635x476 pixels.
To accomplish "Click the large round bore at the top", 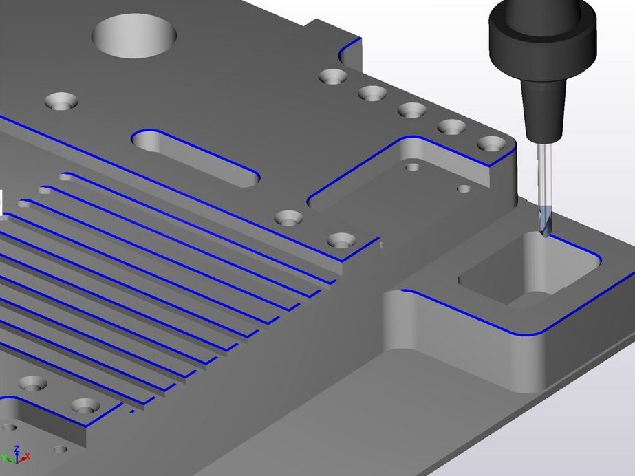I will coord(135,36).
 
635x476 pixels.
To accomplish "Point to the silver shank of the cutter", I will coord(543,172).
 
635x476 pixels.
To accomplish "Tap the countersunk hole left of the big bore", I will coord(61,102).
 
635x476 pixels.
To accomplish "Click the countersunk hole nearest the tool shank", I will coord(491,144).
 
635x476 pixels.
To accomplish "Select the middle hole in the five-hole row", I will coord(412,110).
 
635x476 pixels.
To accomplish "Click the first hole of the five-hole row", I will coord(333,76).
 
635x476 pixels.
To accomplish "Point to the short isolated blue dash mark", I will coord(131,413).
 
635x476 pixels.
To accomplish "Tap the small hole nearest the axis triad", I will coord(61,449).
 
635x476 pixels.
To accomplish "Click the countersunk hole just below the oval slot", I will coord(289,219).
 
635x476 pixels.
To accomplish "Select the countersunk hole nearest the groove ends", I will coord(341,241).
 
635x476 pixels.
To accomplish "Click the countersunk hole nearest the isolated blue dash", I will coord(85,406).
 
